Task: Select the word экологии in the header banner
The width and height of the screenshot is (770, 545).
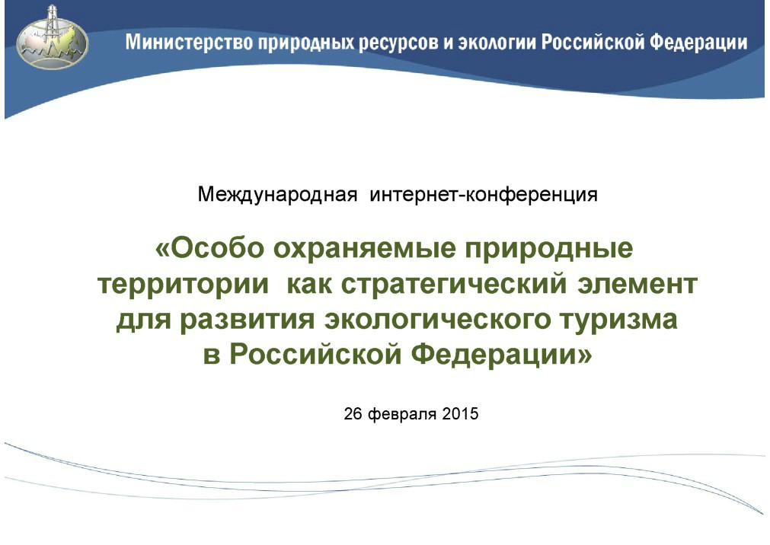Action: [497, 42]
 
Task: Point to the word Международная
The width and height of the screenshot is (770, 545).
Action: [277, 195]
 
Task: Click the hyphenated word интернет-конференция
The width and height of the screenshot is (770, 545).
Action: [484, 195]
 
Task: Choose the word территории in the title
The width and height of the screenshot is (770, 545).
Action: [183, 285]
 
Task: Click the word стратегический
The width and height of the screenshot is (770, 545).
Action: [454, 284]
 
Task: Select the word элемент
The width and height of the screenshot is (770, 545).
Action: [637, 284]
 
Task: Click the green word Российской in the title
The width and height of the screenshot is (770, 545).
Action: [315, 355]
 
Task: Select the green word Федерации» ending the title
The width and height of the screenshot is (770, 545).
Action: [501, 355]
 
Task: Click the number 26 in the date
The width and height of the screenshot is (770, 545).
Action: [353, 414]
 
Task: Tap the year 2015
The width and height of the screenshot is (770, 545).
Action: [460, 414]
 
